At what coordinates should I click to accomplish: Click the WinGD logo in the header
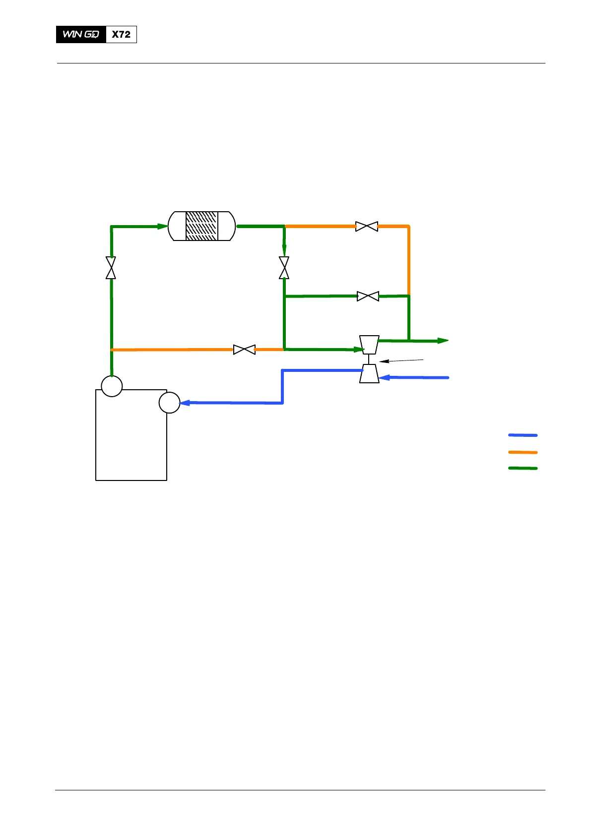point(81,34)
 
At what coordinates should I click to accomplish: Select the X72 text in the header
point(121,34)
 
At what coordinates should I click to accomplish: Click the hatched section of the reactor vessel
point(201,226)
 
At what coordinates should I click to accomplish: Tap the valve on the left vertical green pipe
point(111,268)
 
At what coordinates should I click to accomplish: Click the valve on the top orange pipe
point(367,227)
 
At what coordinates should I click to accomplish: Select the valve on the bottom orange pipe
point(244,350)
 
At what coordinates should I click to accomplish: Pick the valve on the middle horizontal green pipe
point(368,297)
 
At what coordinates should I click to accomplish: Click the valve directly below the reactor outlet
point(284,268)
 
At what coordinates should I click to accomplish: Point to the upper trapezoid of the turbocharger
point(369,345)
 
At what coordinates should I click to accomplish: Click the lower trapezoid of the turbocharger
point(369,373)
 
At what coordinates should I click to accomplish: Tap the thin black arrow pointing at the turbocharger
point(401,361)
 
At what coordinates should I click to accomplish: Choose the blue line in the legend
point(523,435)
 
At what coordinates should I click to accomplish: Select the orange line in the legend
point(523,452)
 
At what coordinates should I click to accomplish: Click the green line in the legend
point(523,468)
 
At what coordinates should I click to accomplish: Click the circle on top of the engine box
point(112,386)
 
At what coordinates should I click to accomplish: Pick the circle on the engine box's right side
point(169,403)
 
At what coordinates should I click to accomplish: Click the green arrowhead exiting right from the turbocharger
point(443,341)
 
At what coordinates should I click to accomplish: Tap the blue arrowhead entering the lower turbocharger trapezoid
point(384,378)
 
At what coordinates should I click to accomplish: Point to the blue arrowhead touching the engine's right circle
point(185,403)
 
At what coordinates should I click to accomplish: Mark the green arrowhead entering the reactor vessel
point(163,227)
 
